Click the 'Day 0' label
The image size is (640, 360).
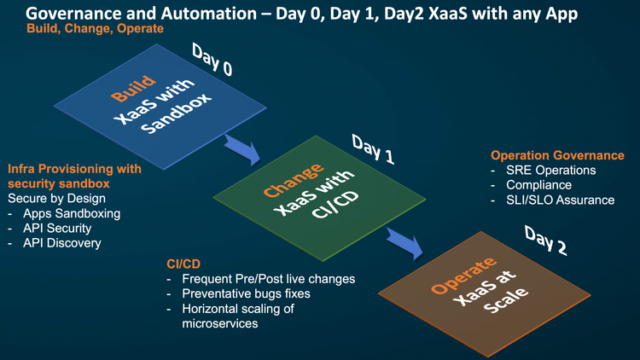[x=212, y=61]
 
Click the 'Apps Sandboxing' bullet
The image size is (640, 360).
[x=71, y=213]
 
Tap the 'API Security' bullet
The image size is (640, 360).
[x=61, y=228]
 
